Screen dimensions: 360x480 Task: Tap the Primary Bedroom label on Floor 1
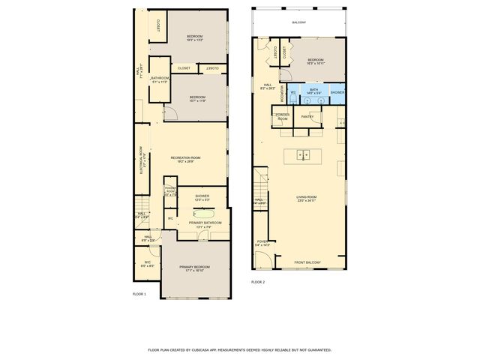pyautogui.click(x=194, y=268)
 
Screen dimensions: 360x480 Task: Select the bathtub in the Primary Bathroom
pyautogui.click(x=203, y=213)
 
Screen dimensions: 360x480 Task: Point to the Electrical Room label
pyautogui.click(x=141, y=160)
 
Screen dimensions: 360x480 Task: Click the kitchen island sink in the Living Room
pyautogui.click(x=302, y=155)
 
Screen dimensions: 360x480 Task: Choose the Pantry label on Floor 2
pyautogui.click(x=307, y=117)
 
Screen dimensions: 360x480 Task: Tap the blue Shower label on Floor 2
pyautogui.click(x=337, y=91)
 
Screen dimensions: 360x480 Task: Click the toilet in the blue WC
pyautogui.click(x=293, y=95)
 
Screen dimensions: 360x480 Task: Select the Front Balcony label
pyautogui.click(x=307, y=262)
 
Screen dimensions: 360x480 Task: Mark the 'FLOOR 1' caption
pyautogui.click(x=139, y=294)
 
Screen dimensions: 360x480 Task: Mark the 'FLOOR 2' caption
pyautogui.click(x=258, y=282)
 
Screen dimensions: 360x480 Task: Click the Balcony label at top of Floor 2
pyautogui.click(x=298, y=22)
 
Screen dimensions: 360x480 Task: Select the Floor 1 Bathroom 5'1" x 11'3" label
pyautogui.click(x=160, y=79)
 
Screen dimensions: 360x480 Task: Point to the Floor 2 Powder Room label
pyautogui.click(x=283, y=117)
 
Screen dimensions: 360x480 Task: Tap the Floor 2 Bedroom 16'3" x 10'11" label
pyautogui.click(x=315, y=61)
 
